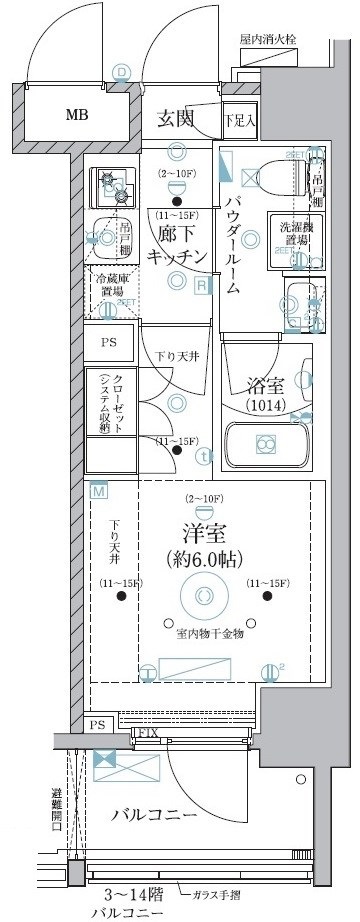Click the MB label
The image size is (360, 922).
[76, 115]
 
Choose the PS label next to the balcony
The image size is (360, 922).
[97, 723]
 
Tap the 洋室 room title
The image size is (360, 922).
[202, 530]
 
